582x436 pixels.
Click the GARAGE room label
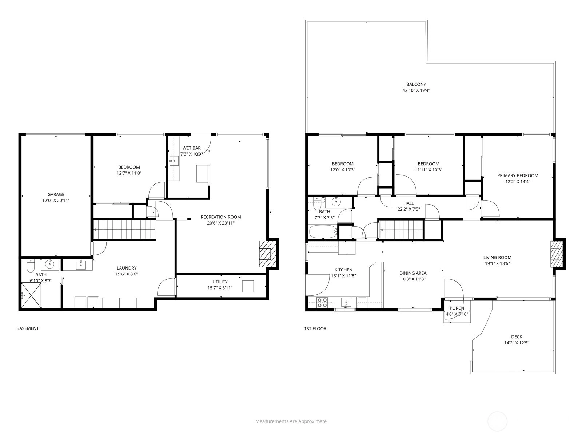56,194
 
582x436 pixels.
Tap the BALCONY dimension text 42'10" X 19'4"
416,90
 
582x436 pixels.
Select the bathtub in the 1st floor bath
323,232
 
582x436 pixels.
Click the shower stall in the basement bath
31,295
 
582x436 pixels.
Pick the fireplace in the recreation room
265,254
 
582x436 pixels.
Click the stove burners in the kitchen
322,303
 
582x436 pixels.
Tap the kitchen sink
346,302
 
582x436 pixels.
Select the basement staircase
124,229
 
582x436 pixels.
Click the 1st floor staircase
401,229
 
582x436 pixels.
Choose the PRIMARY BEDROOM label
518,175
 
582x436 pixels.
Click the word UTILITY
220,282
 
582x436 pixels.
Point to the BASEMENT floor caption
28,328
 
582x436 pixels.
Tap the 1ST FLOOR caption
315,328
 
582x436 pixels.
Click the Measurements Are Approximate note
291,421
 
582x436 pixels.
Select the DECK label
517,337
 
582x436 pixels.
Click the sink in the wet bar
174,161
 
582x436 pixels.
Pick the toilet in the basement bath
31,266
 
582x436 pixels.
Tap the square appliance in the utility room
248,286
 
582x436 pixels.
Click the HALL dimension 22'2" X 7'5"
408,209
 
